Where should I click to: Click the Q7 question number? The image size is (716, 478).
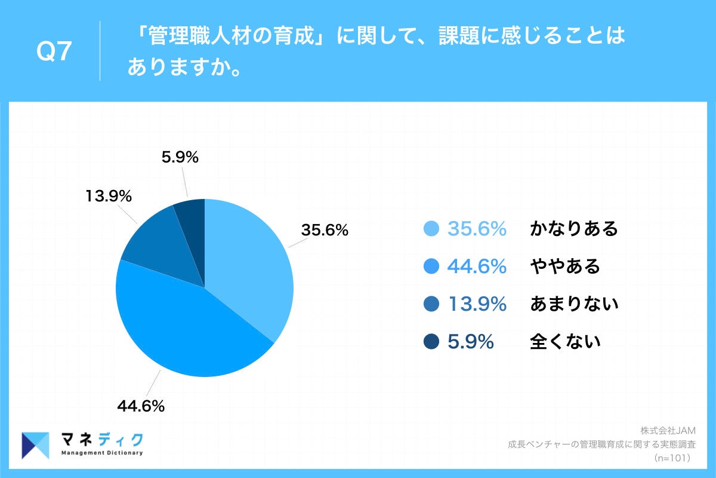(x=54, y=53)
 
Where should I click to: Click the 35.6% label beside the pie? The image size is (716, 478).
(x=325, y=230)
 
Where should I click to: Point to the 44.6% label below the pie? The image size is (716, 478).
(x=140, y=406)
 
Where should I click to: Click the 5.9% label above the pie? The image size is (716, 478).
(x=180, y=158)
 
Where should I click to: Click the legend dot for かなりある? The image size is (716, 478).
(x=431, y=229)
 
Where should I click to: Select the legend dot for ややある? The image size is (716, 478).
(x=431, y=266)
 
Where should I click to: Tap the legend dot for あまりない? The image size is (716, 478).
(x=431, y=304)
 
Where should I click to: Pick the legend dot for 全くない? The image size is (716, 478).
(x=431, y=342)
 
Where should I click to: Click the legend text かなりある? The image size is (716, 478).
(x=573, y=229)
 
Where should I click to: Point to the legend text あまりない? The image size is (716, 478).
(x=573, y=304)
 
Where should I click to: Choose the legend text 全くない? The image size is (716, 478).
(x=564, y=342)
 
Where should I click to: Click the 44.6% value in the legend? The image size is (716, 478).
(x=477, y=266)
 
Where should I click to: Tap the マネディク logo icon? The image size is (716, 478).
(x=35, y=445)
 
